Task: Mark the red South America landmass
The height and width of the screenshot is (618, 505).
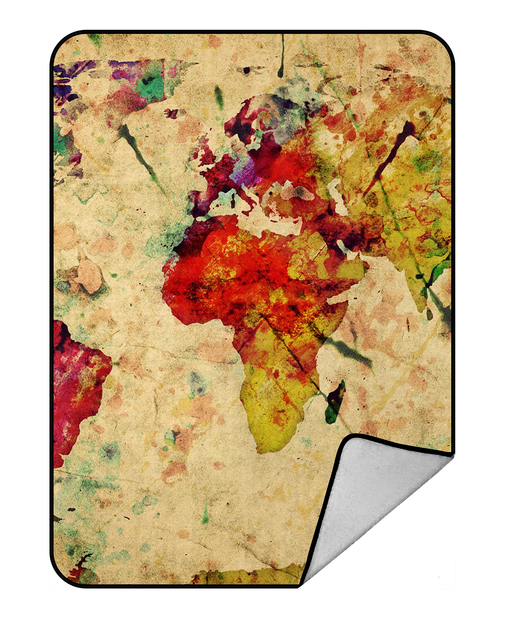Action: pyautogui.click(x=77, y=380)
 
